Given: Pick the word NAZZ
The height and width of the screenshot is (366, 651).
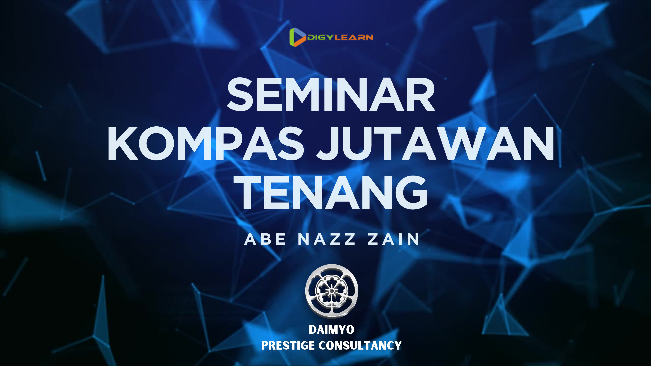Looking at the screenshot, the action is pos(327,239).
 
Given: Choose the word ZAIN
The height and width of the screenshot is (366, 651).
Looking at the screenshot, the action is pos(393,239).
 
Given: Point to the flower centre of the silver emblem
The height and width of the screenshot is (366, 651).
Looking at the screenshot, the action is pos(331,291).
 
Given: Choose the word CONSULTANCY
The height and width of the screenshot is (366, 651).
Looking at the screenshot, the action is pos(360,345).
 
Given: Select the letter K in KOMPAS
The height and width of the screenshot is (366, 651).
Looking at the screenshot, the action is pos(123,143).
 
